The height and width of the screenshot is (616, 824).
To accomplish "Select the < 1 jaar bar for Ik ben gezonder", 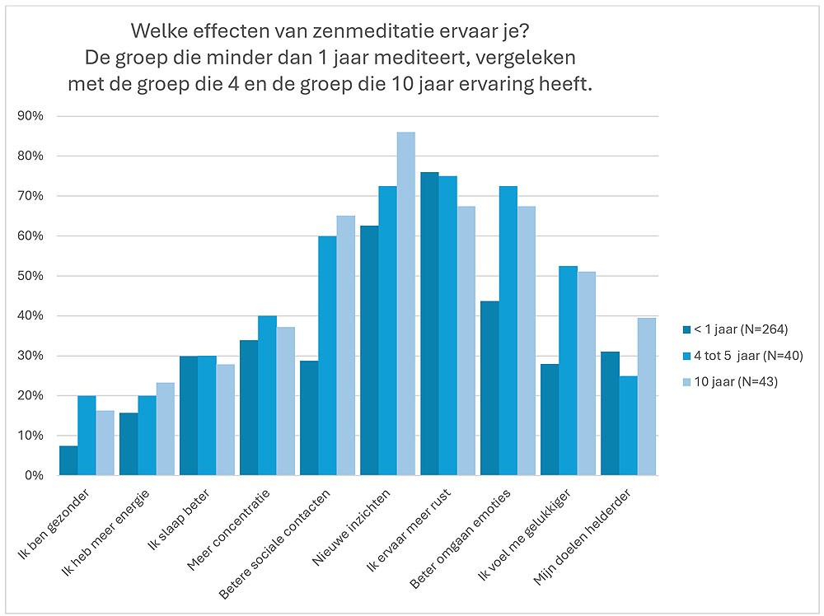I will pos(68,460).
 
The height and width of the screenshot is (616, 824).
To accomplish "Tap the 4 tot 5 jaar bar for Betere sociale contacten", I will pos(327,356).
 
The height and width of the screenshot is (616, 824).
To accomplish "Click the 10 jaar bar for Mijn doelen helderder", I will pos(646,396).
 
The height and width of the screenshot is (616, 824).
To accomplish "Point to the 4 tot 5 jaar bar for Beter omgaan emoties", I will pos(508,330).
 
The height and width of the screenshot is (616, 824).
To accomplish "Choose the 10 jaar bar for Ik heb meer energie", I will pos(165,428).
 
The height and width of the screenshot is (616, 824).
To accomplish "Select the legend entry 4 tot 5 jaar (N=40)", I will pos(742,356).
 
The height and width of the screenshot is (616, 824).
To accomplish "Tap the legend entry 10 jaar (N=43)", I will pos(736,382).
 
